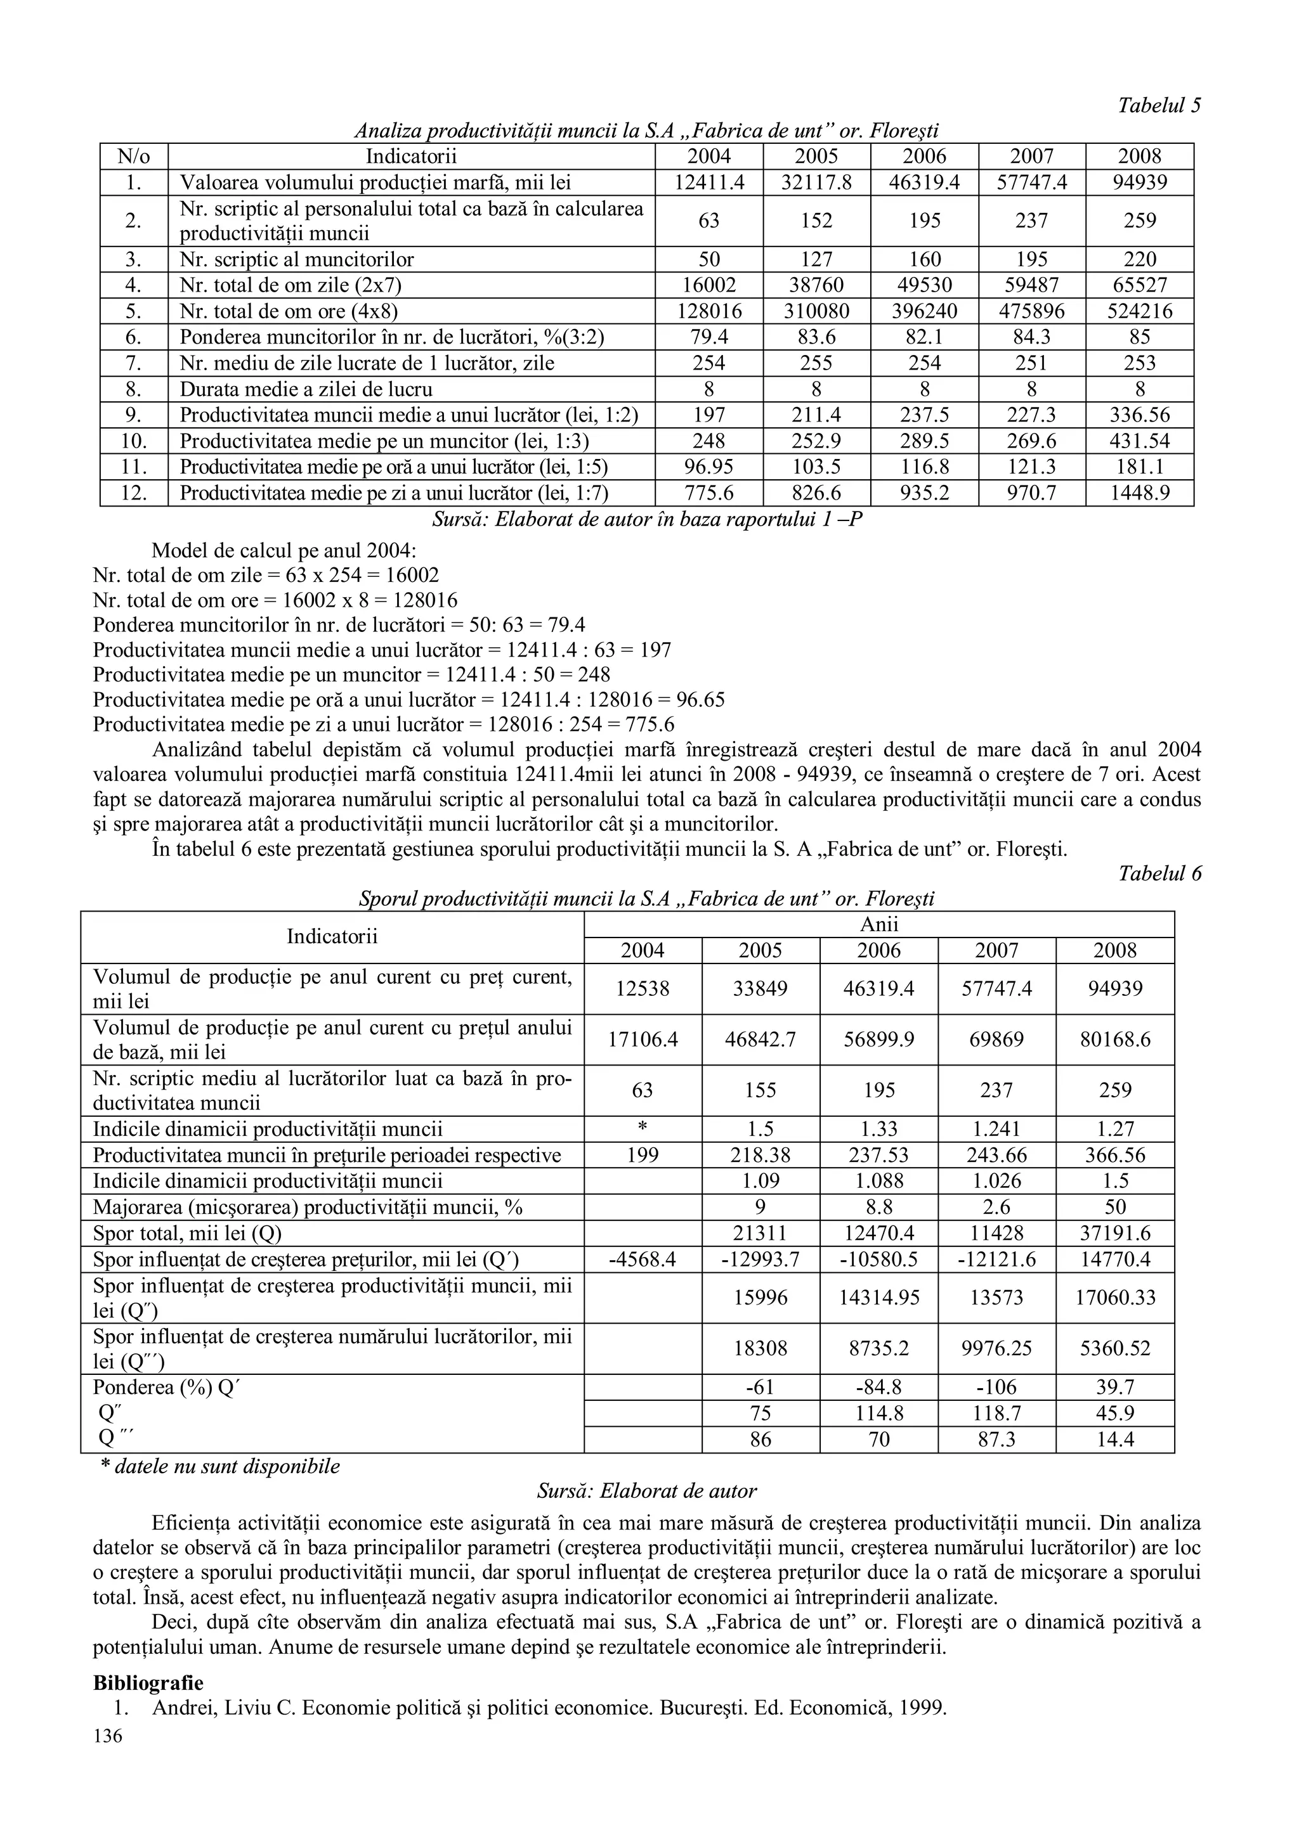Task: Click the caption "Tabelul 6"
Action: [1159, 873]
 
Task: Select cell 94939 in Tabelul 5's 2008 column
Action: [1139, 183]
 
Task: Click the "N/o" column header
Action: [134, 156]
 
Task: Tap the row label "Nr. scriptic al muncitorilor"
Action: [296, 259]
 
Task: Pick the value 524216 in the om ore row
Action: [1139, 311]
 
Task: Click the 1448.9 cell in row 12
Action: [1139, 493]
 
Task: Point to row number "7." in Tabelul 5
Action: [134, 363]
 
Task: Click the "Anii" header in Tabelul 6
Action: [879, 925]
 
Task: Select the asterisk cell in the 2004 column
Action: [643, 1129]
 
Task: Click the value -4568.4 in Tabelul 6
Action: [643, 1260]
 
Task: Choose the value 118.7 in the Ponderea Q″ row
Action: [996, 1413]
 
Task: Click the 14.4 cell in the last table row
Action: [1115, 1440]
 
